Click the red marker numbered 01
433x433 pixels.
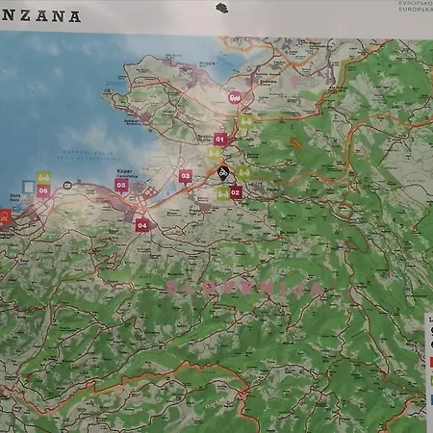pos(219,140)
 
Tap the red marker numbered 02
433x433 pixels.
pos(235,192)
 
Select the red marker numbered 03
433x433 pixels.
pos(185,176)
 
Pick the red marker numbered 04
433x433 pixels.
pos(141,225)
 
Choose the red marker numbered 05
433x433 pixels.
pos(121,185)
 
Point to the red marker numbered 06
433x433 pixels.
pos(43,191)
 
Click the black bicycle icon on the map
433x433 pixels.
pos(222,173)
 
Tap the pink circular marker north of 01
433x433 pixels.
pos(234,97)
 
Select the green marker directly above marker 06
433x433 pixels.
pos(43,178)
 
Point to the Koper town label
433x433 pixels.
pos(119,171)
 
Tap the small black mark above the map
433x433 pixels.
pos(221,9)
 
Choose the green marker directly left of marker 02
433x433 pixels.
pos(222,192)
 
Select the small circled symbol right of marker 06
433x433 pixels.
pos(67,184)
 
